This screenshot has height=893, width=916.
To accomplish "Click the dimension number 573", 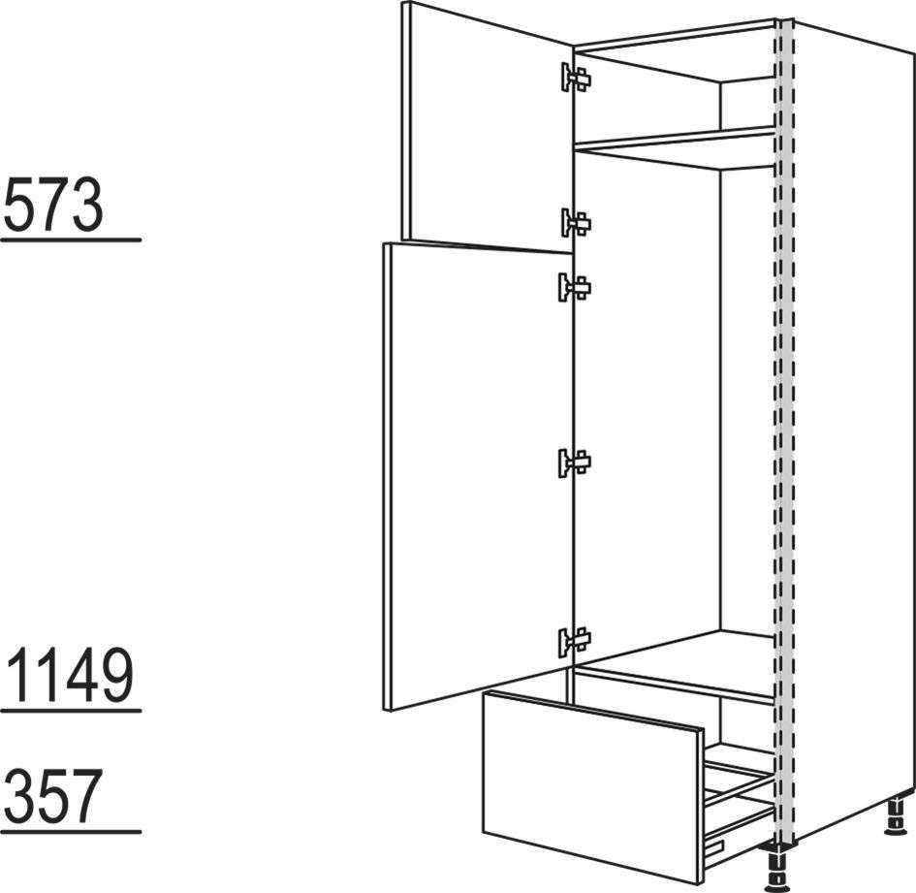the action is pos(53,205).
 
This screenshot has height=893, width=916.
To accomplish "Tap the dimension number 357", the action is pos(53,796).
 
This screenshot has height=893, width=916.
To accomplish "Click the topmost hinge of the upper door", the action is pos(576,78).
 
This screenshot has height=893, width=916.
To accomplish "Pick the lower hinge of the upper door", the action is pos(576,223).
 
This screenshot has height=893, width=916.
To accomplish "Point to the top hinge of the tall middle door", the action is pos(575,287).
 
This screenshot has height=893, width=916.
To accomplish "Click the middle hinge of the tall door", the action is pos(575,462).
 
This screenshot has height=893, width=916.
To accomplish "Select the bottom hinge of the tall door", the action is pos(575,641).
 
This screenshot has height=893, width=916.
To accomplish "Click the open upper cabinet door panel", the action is pos(488,127).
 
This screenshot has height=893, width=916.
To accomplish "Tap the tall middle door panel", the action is pos(478,476).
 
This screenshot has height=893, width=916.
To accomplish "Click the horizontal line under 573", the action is pos(71,239).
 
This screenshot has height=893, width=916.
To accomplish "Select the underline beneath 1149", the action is pos(71,711).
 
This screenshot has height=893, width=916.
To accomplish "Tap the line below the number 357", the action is pos(71,831).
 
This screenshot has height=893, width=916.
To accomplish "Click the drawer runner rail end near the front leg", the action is pos(714,845).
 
